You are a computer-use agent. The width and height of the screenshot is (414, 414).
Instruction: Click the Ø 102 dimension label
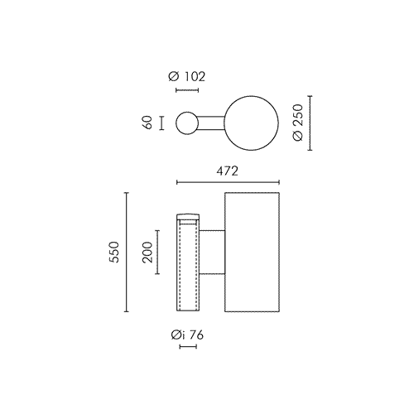click(x=187, y=76)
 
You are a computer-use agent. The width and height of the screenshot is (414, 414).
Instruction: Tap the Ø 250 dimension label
click(x=298, y=123)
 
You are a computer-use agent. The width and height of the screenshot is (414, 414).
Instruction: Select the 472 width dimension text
click(x=227, y=171)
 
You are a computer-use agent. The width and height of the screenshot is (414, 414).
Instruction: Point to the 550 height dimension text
click(x=113, y=252)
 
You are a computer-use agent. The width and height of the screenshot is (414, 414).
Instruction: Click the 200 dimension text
click(x=147, y=252)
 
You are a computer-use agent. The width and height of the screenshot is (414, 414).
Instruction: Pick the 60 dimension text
click(x=147, y=123)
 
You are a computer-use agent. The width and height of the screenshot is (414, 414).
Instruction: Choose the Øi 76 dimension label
click(x=187, y=335)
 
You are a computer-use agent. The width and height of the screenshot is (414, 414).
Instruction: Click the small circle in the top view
click(x=187, y=113)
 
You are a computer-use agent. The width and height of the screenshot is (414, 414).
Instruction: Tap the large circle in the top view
click(x=252, y=96)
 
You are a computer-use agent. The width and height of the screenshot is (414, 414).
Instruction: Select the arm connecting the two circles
click(x=211, y=123)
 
